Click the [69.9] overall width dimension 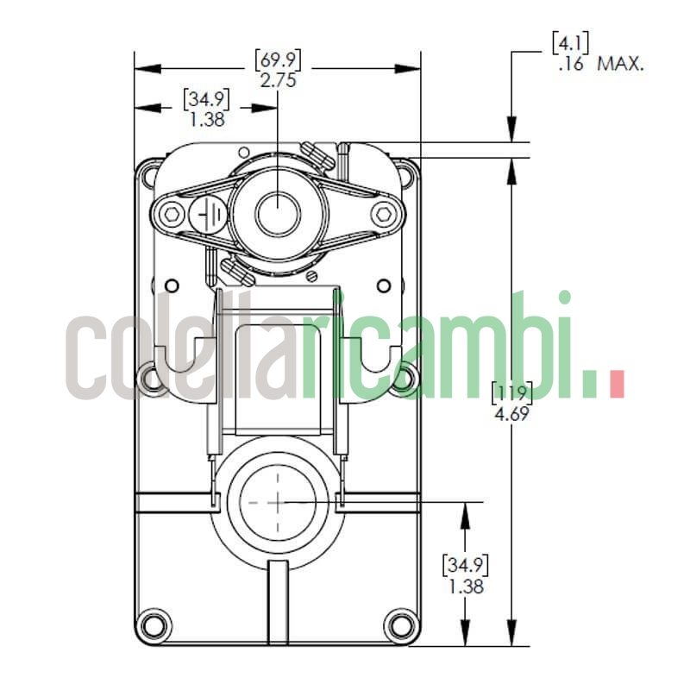click(277, 60)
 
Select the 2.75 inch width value click(277, 78)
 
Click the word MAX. click(620, 65)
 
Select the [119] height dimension click(511, 392)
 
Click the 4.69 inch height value click(511, 412)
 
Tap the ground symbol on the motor click(206, 213)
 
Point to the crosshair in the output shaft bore click(277, 501)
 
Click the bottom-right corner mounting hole click(399, 623)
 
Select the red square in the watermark click(616, 385)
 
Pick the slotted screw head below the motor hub click(313, 276)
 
